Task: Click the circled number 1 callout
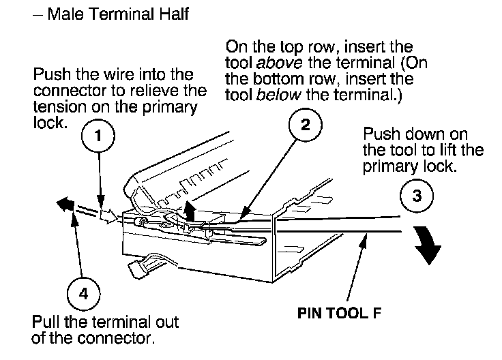(x=100, y=136)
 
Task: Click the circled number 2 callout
(x=304, y=124)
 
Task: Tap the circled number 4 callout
(x=83, y=294)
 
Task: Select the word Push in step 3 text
(x=379, y=134)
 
